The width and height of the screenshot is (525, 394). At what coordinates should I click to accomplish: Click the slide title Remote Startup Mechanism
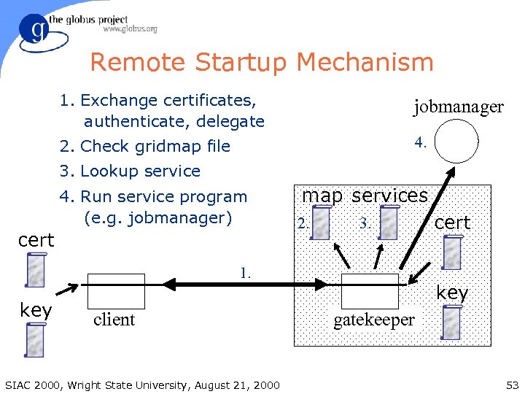262,63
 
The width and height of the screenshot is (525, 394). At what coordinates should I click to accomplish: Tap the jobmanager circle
456,141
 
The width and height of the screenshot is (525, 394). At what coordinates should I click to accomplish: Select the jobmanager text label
458,107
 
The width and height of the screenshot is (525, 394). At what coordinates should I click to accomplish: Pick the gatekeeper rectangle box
370,291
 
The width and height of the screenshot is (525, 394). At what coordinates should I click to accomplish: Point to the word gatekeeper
373,320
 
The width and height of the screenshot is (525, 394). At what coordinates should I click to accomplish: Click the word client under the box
114,320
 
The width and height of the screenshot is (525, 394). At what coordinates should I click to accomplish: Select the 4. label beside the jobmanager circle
420,142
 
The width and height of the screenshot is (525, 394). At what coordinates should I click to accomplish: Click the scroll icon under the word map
322,223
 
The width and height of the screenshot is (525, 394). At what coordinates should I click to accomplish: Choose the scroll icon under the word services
389,223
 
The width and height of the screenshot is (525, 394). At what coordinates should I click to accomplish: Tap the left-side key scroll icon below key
35,339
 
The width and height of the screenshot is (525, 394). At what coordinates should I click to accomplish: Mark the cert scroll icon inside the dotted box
452,252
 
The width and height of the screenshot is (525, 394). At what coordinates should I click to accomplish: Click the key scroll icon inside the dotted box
452,322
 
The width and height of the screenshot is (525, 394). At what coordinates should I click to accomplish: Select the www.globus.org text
130,29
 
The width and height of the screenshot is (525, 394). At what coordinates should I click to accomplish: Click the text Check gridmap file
146,146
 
